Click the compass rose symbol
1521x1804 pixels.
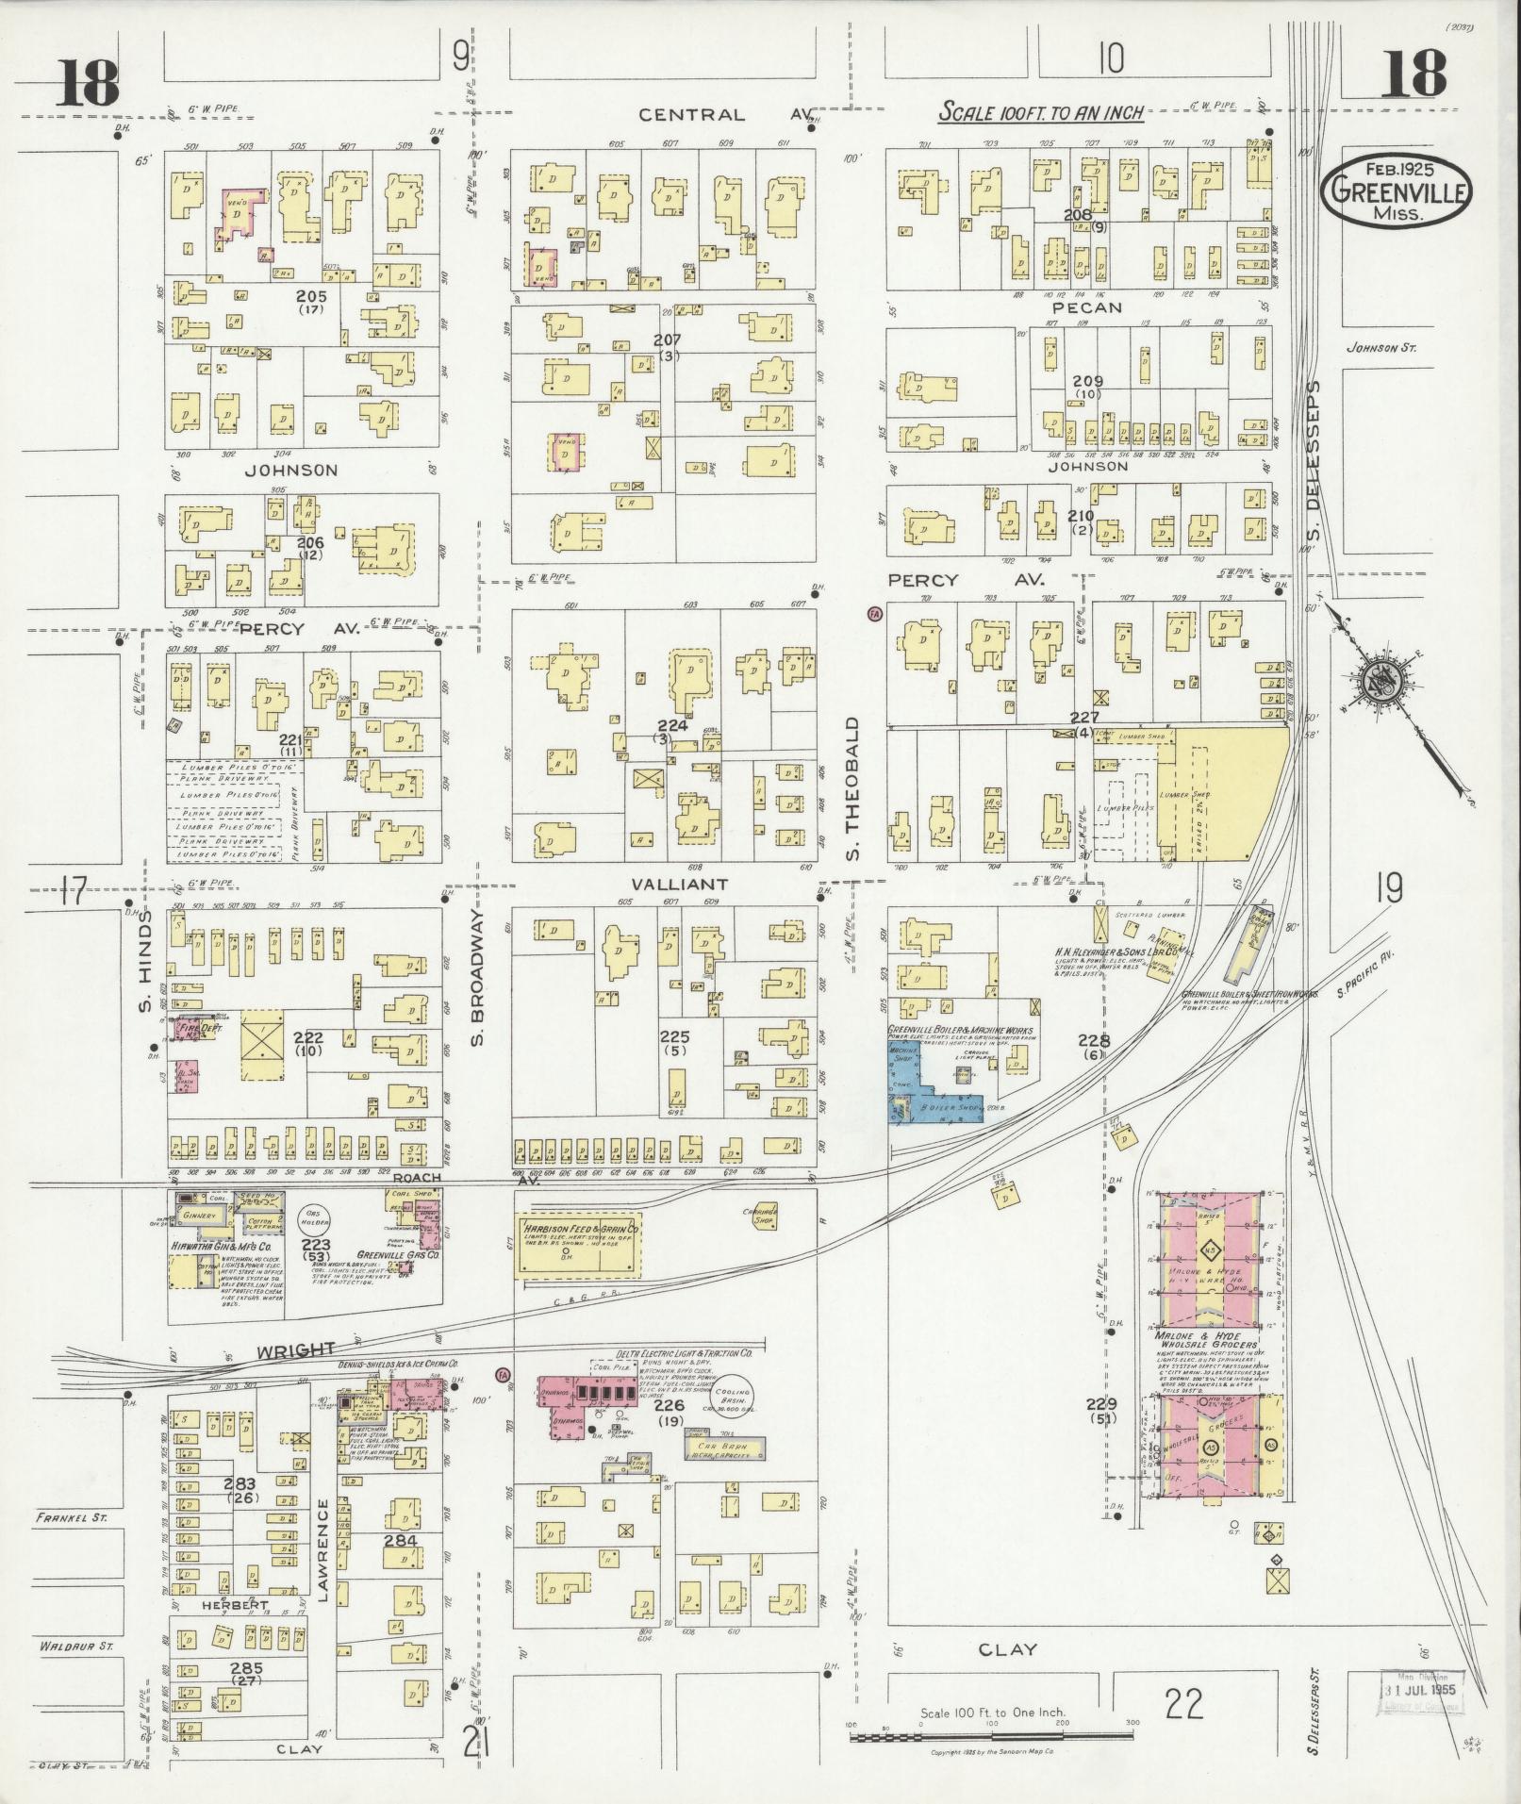coord(1384,676)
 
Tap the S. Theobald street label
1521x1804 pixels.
coord(851,775)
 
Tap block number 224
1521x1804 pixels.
coord(672,726)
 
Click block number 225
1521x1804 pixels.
coord(675,1036)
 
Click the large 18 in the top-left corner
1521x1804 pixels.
coord(87,82)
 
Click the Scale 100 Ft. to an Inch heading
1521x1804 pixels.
coord(1040,112)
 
